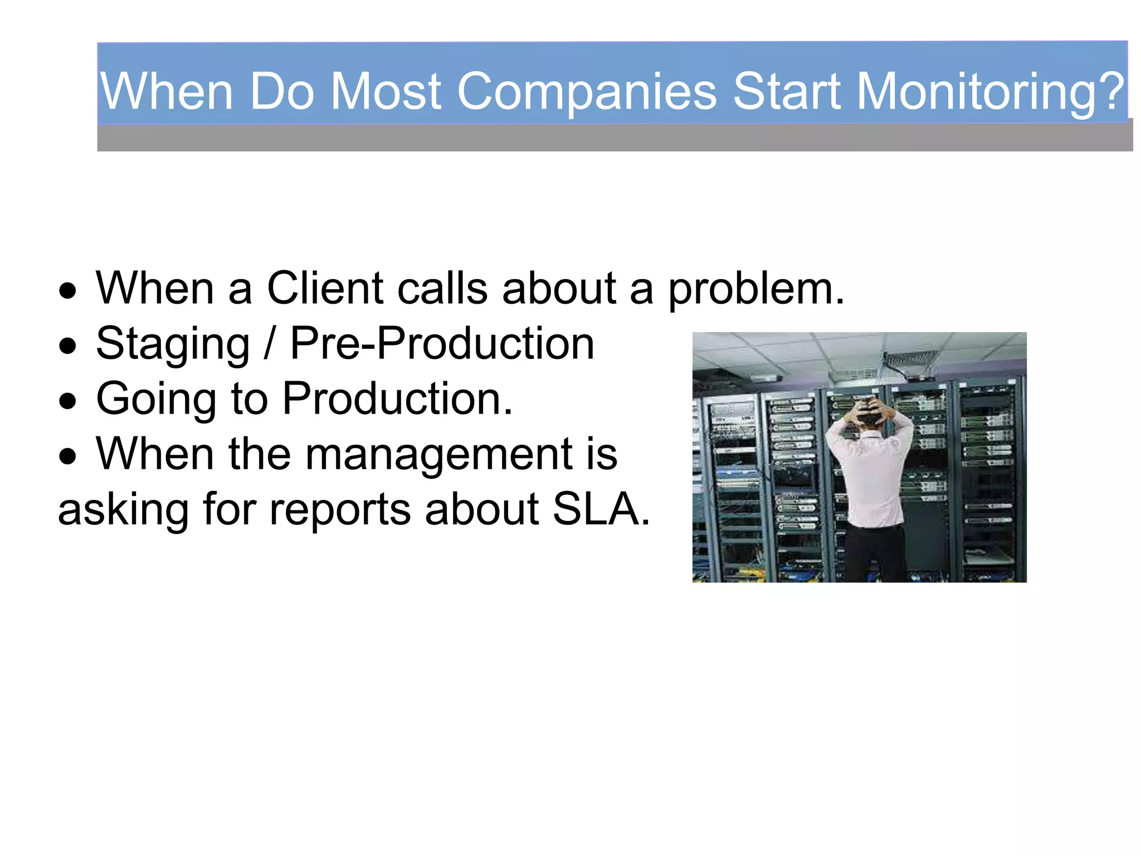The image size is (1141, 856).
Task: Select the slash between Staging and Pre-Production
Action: point(270,344)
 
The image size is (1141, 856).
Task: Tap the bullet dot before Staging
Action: point(68,346)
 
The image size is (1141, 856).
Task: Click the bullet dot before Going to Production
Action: point(68,401)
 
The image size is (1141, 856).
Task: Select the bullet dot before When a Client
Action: point(68,291)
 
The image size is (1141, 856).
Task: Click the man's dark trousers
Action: point(876,552)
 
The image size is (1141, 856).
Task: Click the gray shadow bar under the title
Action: point(613,138)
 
